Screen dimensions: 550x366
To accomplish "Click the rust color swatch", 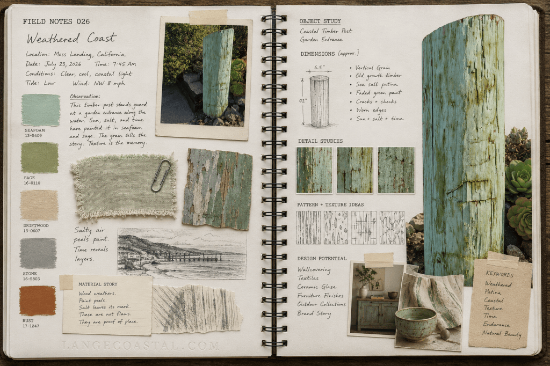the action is (x=38, y=301).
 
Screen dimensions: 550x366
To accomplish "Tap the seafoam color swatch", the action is (x=41, y=110).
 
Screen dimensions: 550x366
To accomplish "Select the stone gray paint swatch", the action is (x=38, y=253).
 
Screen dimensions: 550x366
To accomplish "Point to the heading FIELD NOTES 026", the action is (x=56, y=21).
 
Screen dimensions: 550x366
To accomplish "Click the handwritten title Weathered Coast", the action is (x=71, y=38).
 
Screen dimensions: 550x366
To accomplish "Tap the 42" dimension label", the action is (x=302, y=100).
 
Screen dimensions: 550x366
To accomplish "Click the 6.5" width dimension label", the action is (x=320, y=67).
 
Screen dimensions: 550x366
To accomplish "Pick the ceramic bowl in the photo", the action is (x=416, y=324).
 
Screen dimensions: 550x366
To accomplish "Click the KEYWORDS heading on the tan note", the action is (x=500, y=274).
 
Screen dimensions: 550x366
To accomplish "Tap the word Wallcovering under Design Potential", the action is (x=314, y=269).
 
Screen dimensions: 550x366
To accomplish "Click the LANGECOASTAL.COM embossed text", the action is (x=141, y=346).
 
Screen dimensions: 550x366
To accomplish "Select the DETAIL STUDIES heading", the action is (x=320, y=141).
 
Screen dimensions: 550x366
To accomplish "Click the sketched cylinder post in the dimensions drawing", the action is (x=320, y=101).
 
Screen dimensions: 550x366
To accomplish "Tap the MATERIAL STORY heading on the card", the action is (x=98, y=284).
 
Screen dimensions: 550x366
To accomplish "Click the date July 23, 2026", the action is (x=63, y=64).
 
